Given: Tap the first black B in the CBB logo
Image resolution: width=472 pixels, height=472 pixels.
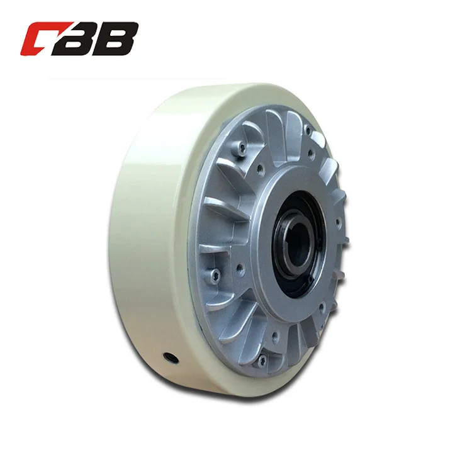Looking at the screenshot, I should [86, 39].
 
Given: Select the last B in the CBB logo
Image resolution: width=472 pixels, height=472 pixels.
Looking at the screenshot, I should [120, 39].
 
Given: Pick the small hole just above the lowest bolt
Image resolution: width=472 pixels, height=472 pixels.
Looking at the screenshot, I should [276, 336].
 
